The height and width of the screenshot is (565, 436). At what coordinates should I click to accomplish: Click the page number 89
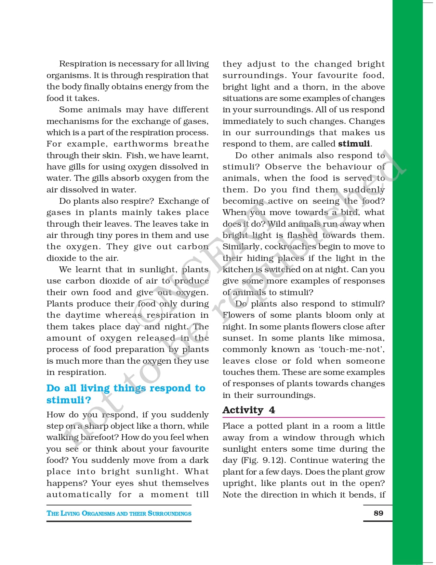coord(378,513)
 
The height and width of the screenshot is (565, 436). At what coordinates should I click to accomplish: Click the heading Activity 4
coord(249,410)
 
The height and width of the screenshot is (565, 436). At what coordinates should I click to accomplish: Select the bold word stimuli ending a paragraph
coord(354,144)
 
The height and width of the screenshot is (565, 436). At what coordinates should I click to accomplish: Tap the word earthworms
coord(141,144)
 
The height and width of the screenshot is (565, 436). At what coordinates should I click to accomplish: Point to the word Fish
coord(135,155)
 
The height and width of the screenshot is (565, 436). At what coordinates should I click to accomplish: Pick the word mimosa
coord(366,338)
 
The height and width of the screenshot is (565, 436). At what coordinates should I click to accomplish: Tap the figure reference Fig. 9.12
coord(264,460)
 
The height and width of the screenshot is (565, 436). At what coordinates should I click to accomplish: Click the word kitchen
coord(238,269)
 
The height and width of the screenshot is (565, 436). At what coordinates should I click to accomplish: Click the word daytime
coord(82,315)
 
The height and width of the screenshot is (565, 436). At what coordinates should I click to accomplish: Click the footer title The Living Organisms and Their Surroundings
coord(119,513)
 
